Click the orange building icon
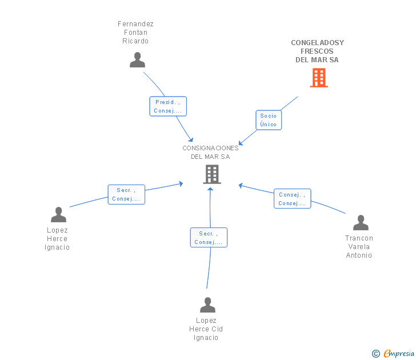pos(319,78)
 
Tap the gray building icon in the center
pos(212,174)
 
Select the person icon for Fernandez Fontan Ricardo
pos(137,59)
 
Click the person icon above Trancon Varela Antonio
pos(361,223)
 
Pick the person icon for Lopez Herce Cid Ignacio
pos(208,305)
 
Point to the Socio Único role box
pos(269,120)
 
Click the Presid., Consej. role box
pos(168,106)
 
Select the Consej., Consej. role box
pos(293,199)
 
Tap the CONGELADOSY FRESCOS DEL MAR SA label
pos(317,51)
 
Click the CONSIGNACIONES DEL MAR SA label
pos(210,152)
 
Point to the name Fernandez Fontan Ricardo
pos(135,33)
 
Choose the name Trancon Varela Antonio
pos(359,247)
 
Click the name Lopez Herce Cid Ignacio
pos(206,329)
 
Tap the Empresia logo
pos(399,353)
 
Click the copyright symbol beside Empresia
pos(376,354)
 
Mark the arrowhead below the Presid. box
pos(191,139)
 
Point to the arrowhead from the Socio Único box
pos(241,143)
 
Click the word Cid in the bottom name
pos(217,329)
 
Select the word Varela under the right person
pos(359,247)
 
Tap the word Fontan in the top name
pos(135,33)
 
